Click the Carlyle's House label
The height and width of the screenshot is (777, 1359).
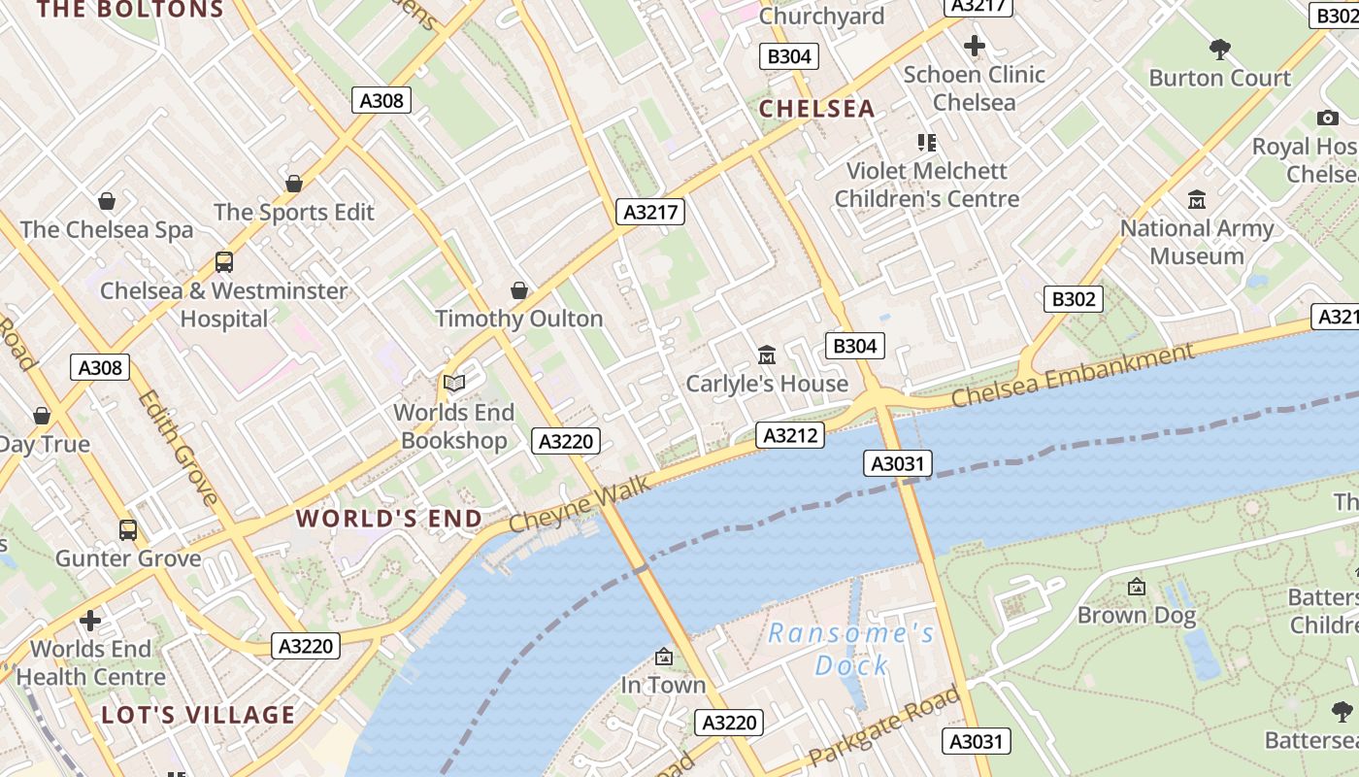coord(767,384)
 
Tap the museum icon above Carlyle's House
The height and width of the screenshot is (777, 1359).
coord(767,355)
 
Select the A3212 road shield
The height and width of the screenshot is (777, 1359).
coord(790,435)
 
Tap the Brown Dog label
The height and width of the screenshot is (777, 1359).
coord(1137,615)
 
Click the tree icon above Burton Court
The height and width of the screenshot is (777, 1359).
coord(1220,49)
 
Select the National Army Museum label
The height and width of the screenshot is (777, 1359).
coord(1197,242)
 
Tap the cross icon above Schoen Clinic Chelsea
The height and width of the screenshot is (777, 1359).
coord(975,46)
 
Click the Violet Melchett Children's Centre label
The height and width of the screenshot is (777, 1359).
coord(927,185)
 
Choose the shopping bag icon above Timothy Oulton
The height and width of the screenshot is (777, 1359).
coord(519,290)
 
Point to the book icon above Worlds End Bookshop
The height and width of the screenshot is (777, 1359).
coord(454,384)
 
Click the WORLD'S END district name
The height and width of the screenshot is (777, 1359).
coord(389,519)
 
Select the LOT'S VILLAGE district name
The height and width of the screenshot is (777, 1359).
coord(198,716)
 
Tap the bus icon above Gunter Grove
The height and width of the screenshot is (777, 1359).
coord(128,530)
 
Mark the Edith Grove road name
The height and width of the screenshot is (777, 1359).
coord(177,447)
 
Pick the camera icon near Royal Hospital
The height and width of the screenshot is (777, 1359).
coord(1327,118)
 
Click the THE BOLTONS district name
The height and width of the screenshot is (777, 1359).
coord(130,11)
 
